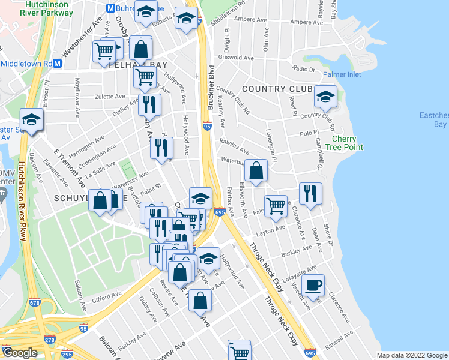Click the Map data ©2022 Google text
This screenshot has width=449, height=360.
[x=412, y=355]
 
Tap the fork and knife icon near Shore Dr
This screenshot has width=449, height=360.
[x=310, y=193]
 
